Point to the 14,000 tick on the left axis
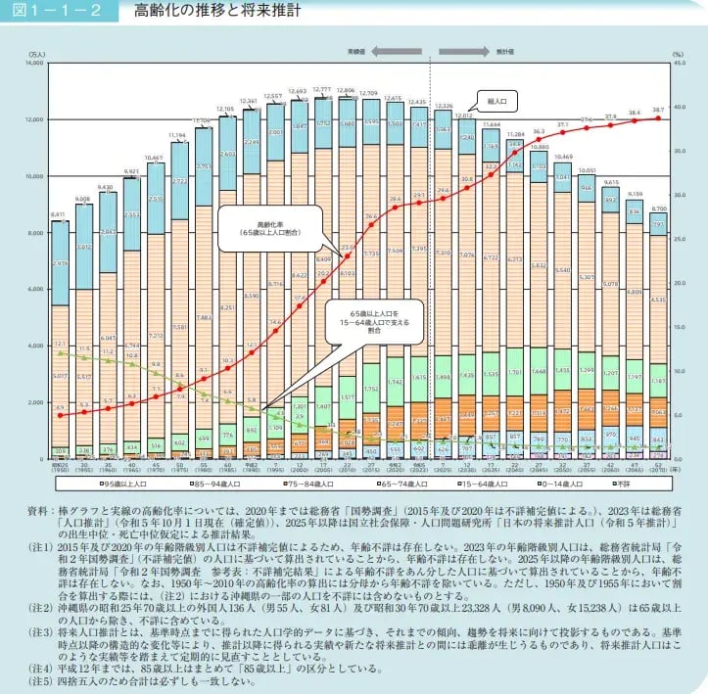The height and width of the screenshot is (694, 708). coord(34,63)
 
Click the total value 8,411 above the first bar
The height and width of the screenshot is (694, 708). coord(60,214)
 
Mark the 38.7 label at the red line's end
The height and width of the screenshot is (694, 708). coord(657,110)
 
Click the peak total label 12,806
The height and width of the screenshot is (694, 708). coord(346,90)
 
